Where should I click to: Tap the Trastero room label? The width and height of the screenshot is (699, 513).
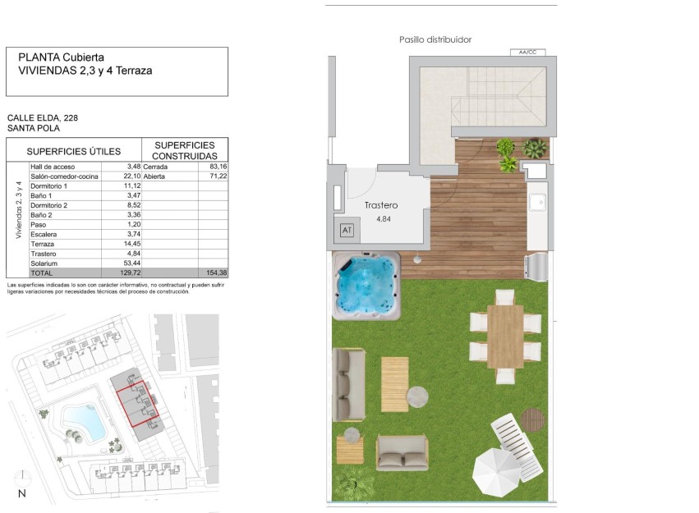point(381,205)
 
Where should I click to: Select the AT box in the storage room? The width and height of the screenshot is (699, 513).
point(347,231)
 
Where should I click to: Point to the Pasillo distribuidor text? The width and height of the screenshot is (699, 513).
point(435,39)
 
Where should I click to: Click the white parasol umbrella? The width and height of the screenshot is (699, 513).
point(497,473)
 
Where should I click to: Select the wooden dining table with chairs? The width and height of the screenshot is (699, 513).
point(505,337)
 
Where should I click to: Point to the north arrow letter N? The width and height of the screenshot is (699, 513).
point(22,493)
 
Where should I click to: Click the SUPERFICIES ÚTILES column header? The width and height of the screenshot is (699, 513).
point(74,151)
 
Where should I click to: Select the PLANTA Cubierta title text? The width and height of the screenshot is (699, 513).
point(61,57)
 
